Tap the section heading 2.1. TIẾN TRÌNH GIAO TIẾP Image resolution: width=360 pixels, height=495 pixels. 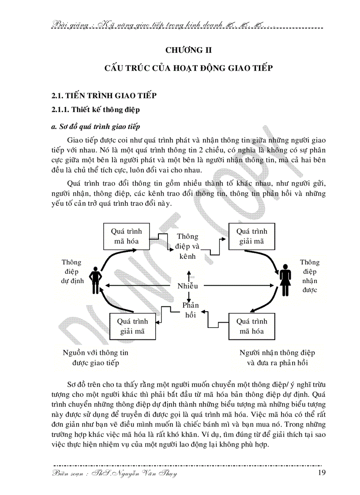coord(104,96)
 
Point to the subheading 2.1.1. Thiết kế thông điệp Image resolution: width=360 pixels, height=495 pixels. coord(94,109)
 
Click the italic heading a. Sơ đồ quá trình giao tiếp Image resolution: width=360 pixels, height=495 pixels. coord(96,127)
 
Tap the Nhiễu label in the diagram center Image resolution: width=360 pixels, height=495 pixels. coord(188,286)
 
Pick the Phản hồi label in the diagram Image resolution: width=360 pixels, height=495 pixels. coord(191,310)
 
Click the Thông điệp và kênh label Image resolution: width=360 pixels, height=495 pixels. coord(188,246)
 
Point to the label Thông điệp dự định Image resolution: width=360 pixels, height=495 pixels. coord(71,272)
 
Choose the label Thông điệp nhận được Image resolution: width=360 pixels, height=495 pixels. coord(309,276)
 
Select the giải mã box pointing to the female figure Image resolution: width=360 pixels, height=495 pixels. coord(251,236)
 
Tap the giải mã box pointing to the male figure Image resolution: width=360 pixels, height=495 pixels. coord(132,326)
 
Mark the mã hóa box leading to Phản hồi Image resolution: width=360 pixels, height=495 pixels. coord(251,326)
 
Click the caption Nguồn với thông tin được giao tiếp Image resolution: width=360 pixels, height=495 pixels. coord(96,358)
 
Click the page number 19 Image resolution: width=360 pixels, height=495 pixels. coord(322,474)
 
